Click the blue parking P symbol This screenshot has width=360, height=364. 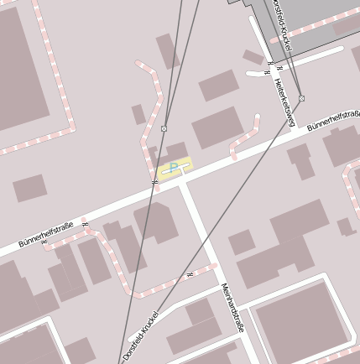pos(174,168)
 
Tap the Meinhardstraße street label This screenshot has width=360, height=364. pos(232,307)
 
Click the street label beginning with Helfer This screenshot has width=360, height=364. pos(284,101)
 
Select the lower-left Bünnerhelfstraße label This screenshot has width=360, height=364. pos(47,235)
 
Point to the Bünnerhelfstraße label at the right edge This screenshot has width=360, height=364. pos(333,123)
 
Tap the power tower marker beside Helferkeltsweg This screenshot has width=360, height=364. pos(301,98)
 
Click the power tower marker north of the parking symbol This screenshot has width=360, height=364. pos(164,128)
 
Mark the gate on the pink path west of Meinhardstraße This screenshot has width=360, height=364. pos(190,274)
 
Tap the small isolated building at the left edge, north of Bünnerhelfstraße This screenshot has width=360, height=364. pos(29,188)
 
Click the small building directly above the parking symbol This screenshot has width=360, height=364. pos(176,151)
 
